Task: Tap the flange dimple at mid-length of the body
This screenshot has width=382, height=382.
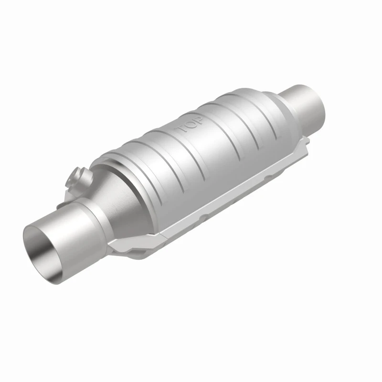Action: point(205,217)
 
